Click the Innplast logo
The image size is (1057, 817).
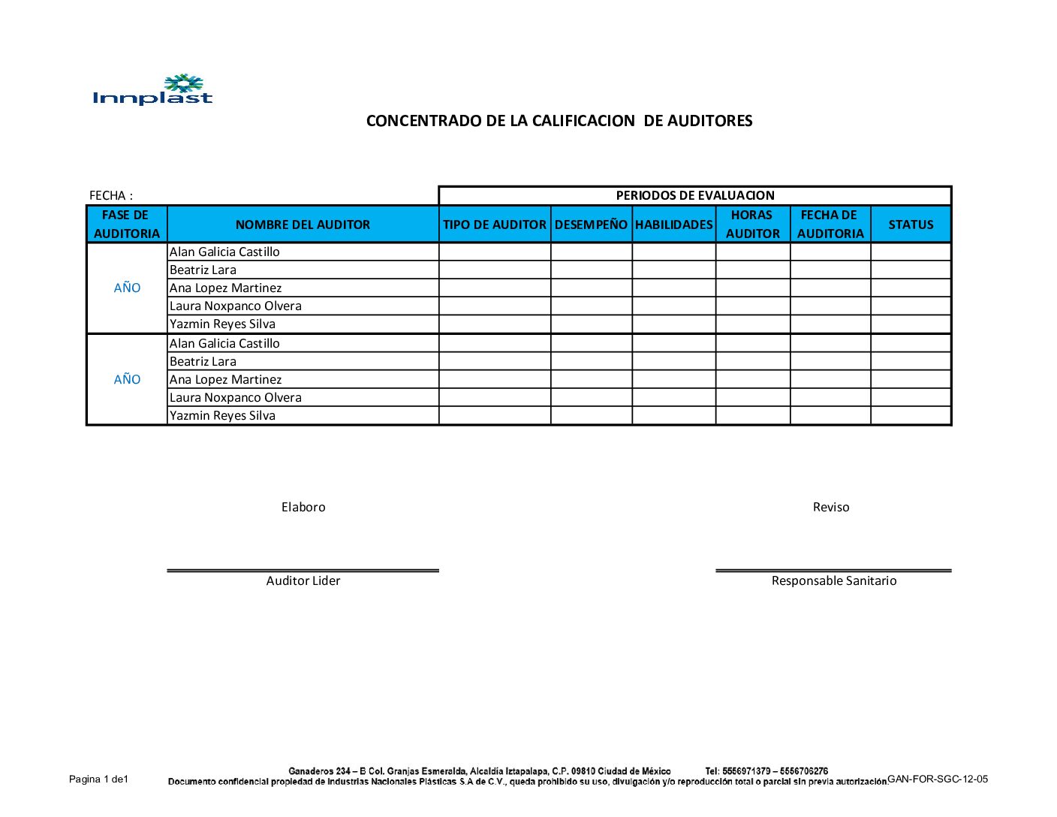pyautogui.click(x=152, y=89)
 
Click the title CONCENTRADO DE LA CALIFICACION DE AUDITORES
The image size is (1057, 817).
pyautogui.click(x=559, y=121)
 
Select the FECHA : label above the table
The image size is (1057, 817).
pyautogui.click(x=111, y=195)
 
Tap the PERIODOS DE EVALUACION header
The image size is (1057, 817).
pyautogui.click(x=694, y=195)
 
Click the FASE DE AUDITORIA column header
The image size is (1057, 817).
pyautogui.click(x=126, y=224)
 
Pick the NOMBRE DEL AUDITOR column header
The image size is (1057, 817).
pyautogui.click(x=303, y=225)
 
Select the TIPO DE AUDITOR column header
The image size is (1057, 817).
pyautogui.click(x=494, y=225)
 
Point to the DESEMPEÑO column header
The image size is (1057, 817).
pyautogui.click(x=591, y=225)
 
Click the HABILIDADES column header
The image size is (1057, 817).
pyautogui.click(x=673, y=225)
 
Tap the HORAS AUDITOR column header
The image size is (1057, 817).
pyautogui.click(x=752, y=224)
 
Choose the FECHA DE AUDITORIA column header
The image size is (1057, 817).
pyautogui.click(x=830, y=224)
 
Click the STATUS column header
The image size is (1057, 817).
pyautogui.click(x=911, y=225)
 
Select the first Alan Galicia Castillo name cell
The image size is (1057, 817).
pyautogui.click(x=224, y=252)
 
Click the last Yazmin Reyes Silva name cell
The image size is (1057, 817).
pyautogui.click(x=222, y=415)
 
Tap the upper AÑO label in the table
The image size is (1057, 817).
pyautogui.click(x=127, y=288)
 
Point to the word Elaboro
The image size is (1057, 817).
pyautogui.click(x=303, y=507)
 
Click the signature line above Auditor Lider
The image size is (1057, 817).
pyautogui.click(x=303, y=571)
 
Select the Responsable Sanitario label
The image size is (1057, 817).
pyautogui.click(x=833, y=580)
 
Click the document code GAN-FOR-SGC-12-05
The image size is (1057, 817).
pyautogui.click(x=937, y=779)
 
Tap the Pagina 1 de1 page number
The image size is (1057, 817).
pyautogui.click(x=98, y=779)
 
